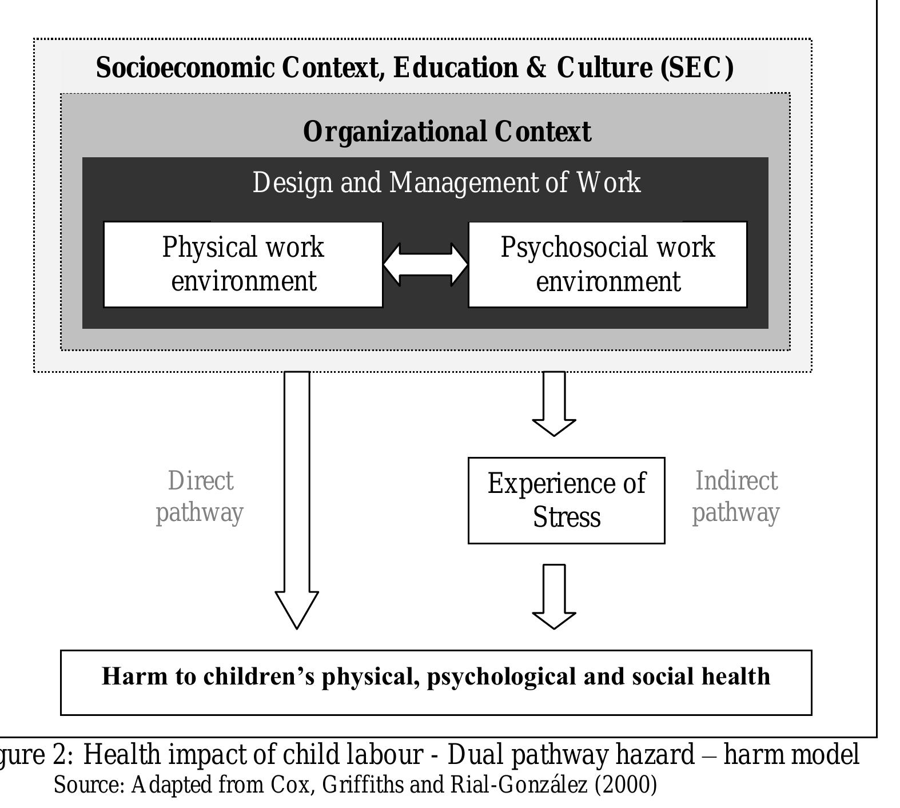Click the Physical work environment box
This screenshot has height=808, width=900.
[x=243, y=264]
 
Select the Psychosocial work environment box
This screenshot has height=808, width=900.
[x=607, y=264]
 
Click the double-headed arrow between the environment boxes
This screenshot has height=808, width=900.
[x=425, y=265]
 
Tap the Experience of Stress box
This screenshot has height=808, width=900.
[x=566, y=500]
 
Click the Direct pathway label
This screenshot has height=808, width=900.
[x=200, y=497]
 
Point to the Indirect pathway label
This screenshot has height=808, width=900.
[x=736, y=497]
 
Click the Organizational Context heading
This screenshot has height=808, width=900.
[x=447, y=132]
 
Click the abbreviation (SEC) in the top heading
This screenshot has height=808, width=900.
[x=697, y=67]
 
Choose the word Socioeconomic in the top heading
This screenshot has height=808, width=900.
[x=185, y=67]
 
